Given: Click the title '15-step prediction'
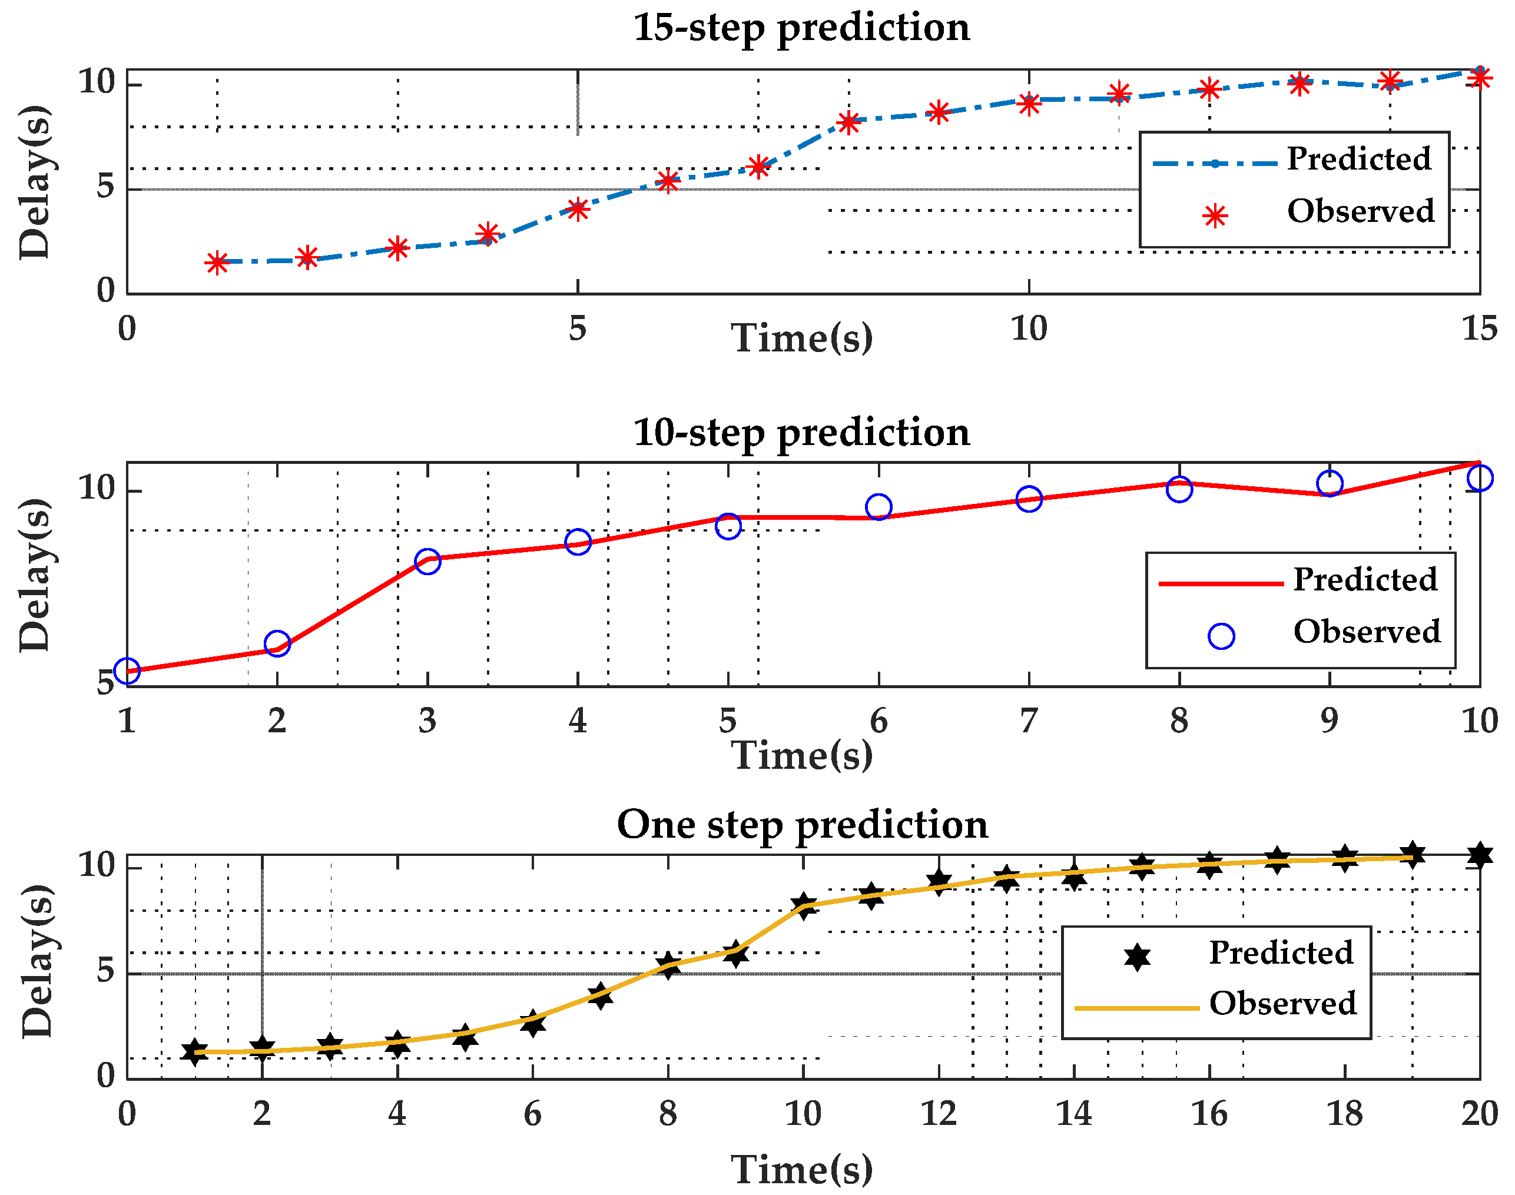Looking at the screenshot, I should [x=801, y=28].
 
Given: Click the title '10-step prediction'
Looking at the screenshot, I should [x=801, y=433].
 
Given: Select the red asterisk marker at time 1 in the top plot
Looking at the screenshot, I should [x=217, y=263].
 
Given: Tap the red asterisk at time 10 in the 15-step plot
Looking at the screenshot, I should [x=1029, y=104].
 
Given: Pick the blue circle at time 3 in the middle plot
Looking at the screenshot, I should [x=427, y=561].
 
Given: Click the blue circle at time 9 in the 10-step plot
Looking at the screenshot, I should [x=1330, y=483].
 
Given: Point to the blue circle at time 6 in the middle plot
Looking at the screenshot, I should [x=879, y=507].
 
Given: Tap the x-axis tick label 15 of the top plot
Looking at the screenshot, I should [x=1479, y=329].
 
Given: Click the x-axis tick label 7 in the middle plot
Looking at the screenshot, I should [x=1029, y=721].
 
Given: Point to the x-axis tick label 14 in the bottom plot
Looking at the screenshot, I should [x=1073, y=1113].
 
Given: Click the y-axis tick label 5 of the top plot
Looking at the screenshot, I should [x=105, y=188].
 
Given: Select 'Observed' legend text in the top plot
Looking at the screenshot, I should [x=1360, y=211].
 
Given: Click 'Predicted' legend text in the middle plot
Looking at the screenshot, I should [x=1364, y=580].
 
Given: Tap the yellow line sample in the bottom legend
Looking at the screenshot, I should [x=1136, y=1008].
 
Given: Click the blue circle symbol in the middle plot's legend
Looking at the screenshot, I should [x=1221, y=636].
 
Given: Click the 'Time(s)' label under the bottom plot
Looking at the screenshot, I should [x=801, y=1169].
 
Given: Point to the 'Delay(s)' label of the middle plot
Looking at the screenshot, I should [x=35, y=575].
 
